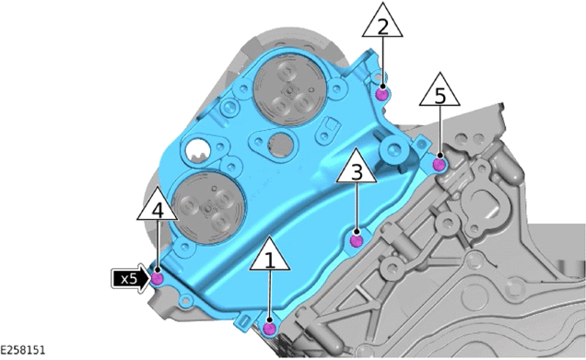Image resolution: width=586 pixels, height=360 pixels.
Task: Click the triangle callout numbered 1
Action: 270,255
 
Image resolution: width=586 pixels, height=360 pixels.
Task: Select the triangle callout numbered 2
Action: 382,22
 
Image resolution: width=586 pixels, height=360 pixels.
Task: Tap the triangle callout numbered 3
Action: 357,168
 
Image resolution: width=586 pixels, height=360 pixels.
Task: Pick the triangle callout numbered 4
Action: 158,205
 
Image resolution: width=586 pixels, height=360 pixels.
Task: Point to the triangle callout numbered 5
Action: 439,91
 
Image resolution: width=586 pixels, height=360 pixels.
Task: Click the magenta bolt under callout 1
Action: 269,329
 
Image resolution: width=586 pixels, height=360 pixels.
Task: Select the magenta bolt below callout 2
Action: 381,95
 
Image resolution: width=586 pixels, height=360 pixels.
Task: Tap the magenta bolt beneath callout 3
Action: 357,241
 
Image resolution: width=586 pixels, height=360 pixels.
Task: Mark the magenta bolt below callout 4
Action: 157,279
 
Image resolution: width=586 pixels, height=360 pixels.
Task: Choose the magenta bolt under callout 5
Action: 439,164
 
